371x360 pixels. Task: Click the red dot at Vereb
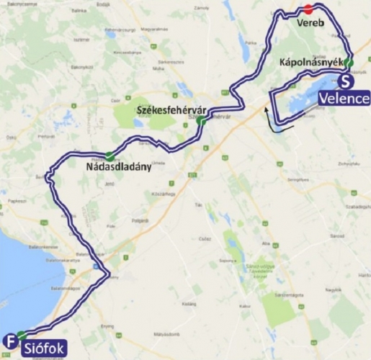coord(308,9)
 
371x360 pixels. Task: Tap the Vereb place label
coord(312,24)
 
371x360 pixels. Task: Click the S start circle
coord(347,81)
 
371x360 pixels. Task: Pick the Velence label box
coord(344,97)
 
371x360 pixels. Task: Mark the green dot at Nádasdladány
coord(109,156)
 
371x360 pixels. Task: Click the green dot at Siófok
coord(22,335)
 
